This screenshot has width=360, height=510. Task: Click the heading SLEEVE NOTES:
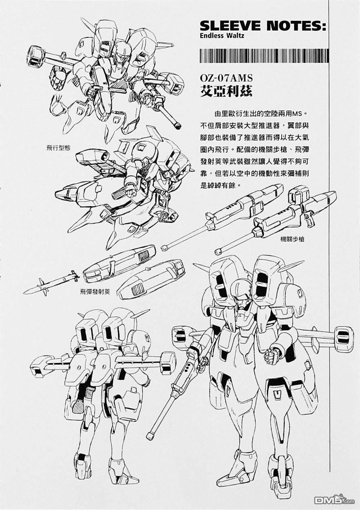(x=263, y=26)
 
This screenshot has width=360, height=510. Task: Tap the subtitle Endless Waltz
(x=222, y=35)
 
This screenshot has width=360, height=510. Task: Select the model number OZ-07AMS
(x=226, y=78)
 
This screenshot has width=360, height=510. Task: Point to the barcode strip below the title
(x=264, y=55)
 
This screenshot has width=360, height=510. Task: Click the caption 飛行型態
(x=58, y=148)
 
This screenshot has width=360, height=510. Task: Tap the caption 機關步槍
(x=292, y=239)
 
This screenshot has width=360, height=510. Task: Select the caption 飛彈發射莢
(x=95, y=292)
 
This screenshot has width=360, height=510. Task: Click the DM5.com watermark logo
(x=334, y=501)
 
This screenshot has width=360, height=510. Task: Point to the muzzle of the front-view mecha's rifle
(x=151, y=435)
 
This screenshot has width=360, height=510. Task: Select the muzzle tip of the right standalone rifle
(x=219, y=251)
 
